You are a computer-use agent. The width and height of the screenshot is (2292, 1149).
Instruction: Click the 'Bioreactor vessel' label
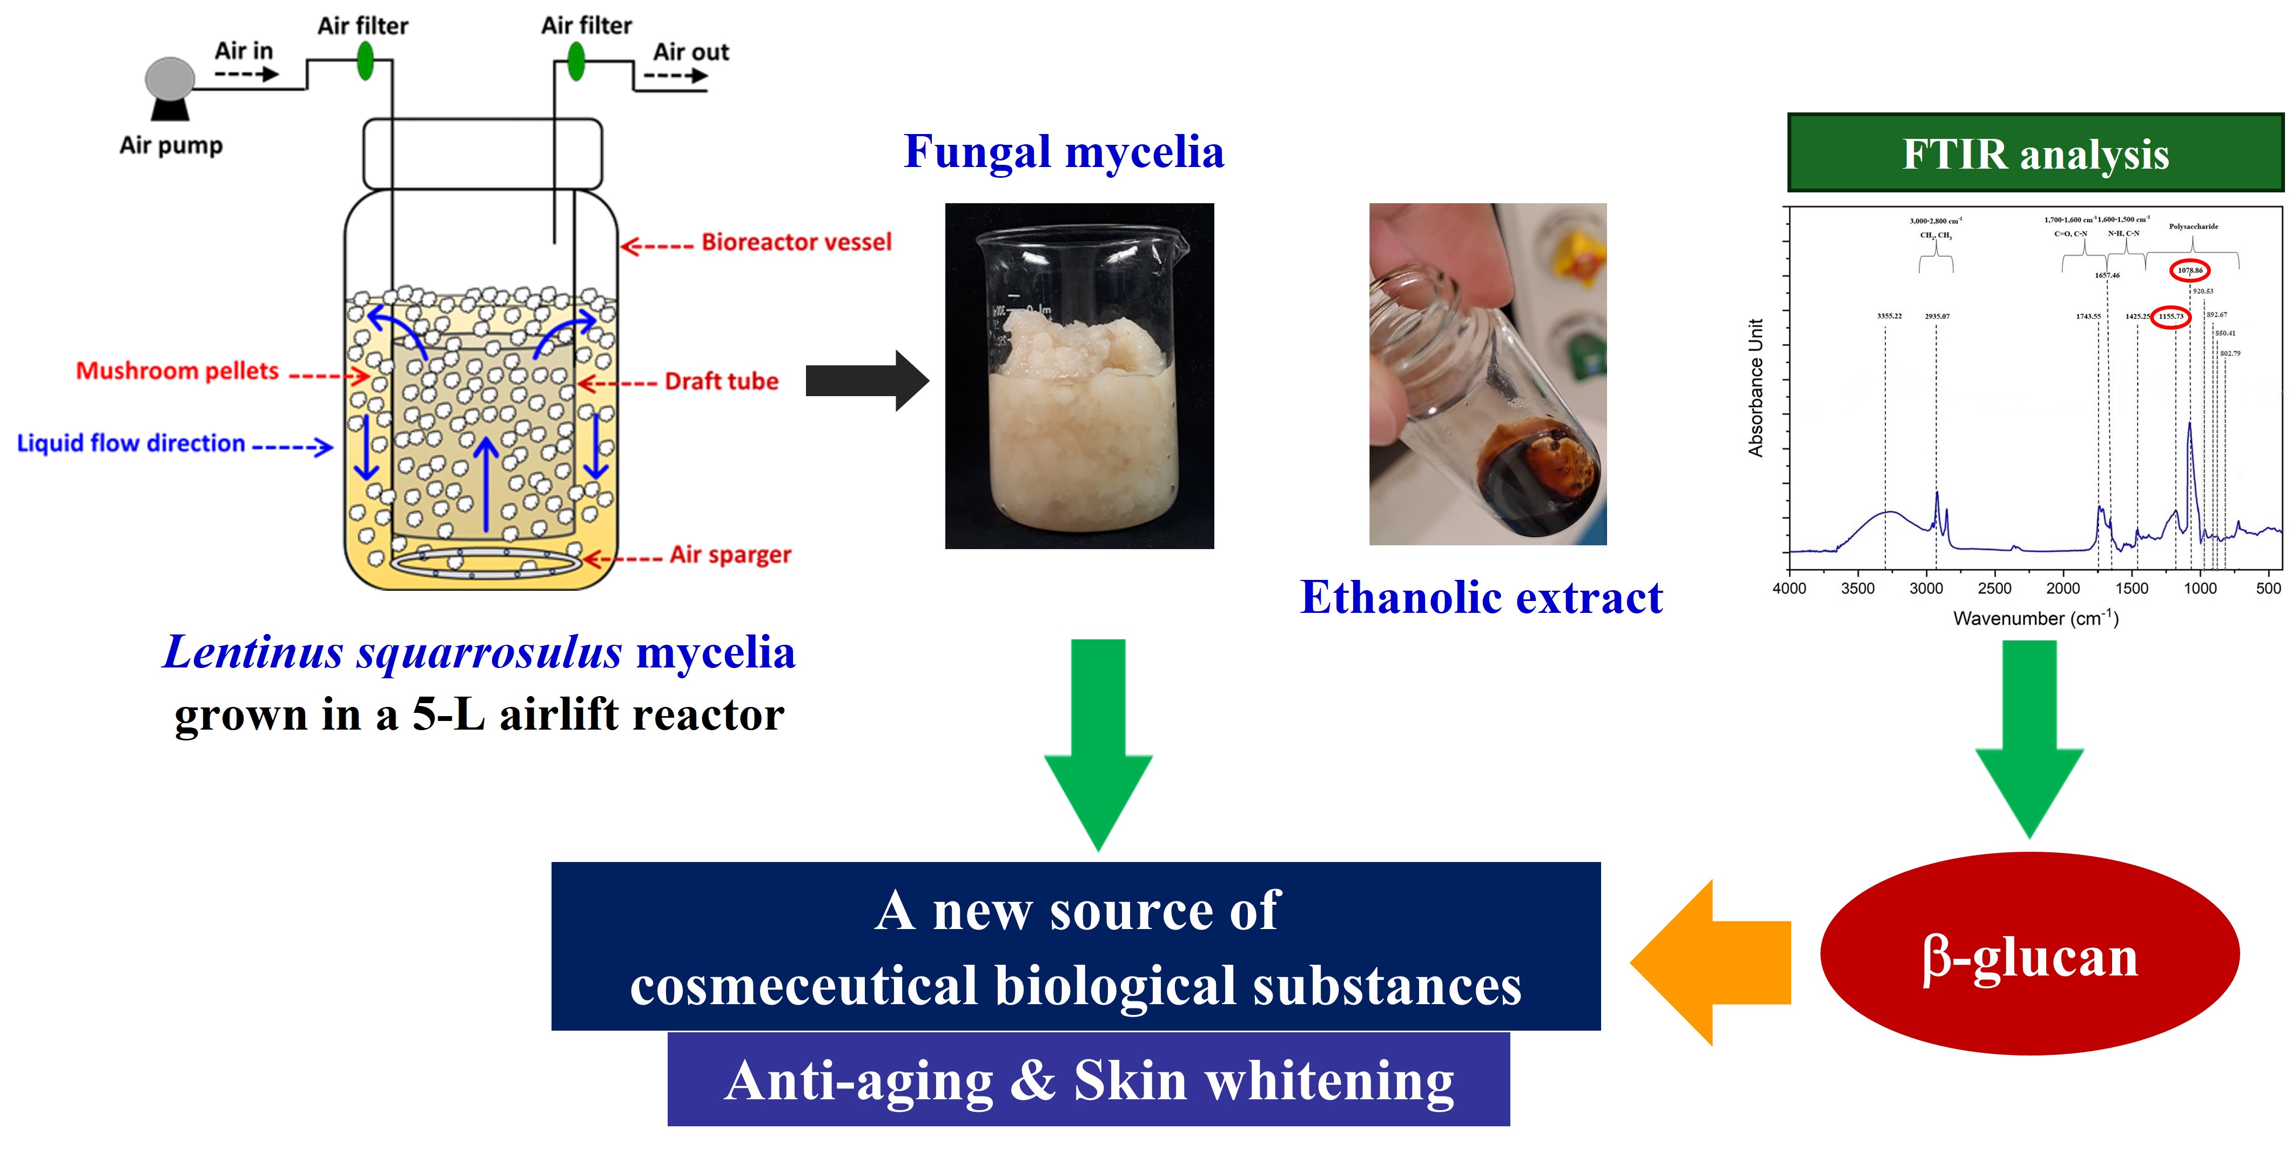(x=796, y=242)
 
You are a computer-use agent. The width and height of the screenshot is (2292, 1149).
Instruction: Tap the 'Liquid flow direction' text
(x=131, y=443)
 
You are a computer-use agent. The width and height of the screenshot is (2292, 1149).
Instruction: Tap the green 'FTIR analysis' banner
(x=2035, y=153)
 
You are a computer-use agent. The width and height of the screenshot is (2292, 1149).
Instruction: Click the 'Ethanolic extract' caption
(x=1481, y=597)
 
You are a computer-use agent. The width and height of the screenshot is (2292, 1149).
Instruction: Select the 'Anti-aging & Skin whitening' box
(x=1088, y=1080)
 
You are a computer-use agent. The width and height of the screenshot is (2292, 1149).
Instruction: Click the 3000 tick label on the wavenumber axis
(x=1925, y=589)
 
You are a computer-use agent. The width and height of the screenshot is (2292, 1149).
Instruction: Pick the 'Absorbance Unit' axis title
(x=1756, y=388)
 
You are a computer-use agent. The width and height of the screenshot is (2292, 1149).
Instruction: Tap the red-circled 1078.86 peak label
(x=2190, y=270)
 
